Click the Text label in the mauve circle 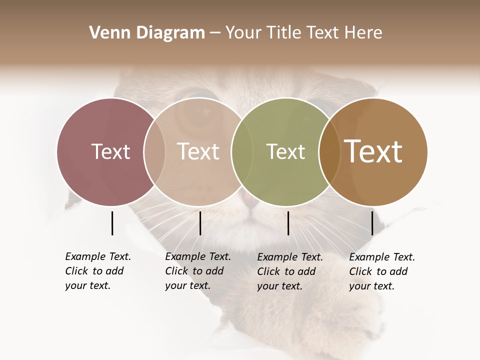coord(110,151)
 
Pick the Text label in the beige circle coord(198,151)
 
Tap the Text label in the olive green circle coord(285,151)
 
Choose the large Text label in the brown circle coord(373,151)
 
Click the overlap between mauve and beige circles coord(154,151)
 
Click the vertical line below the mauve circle coord(112,223)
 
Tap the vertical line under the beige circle coord(200,223)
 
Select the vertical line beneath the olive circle coord(288,223)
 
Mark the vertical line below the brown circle coord(372,223)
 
